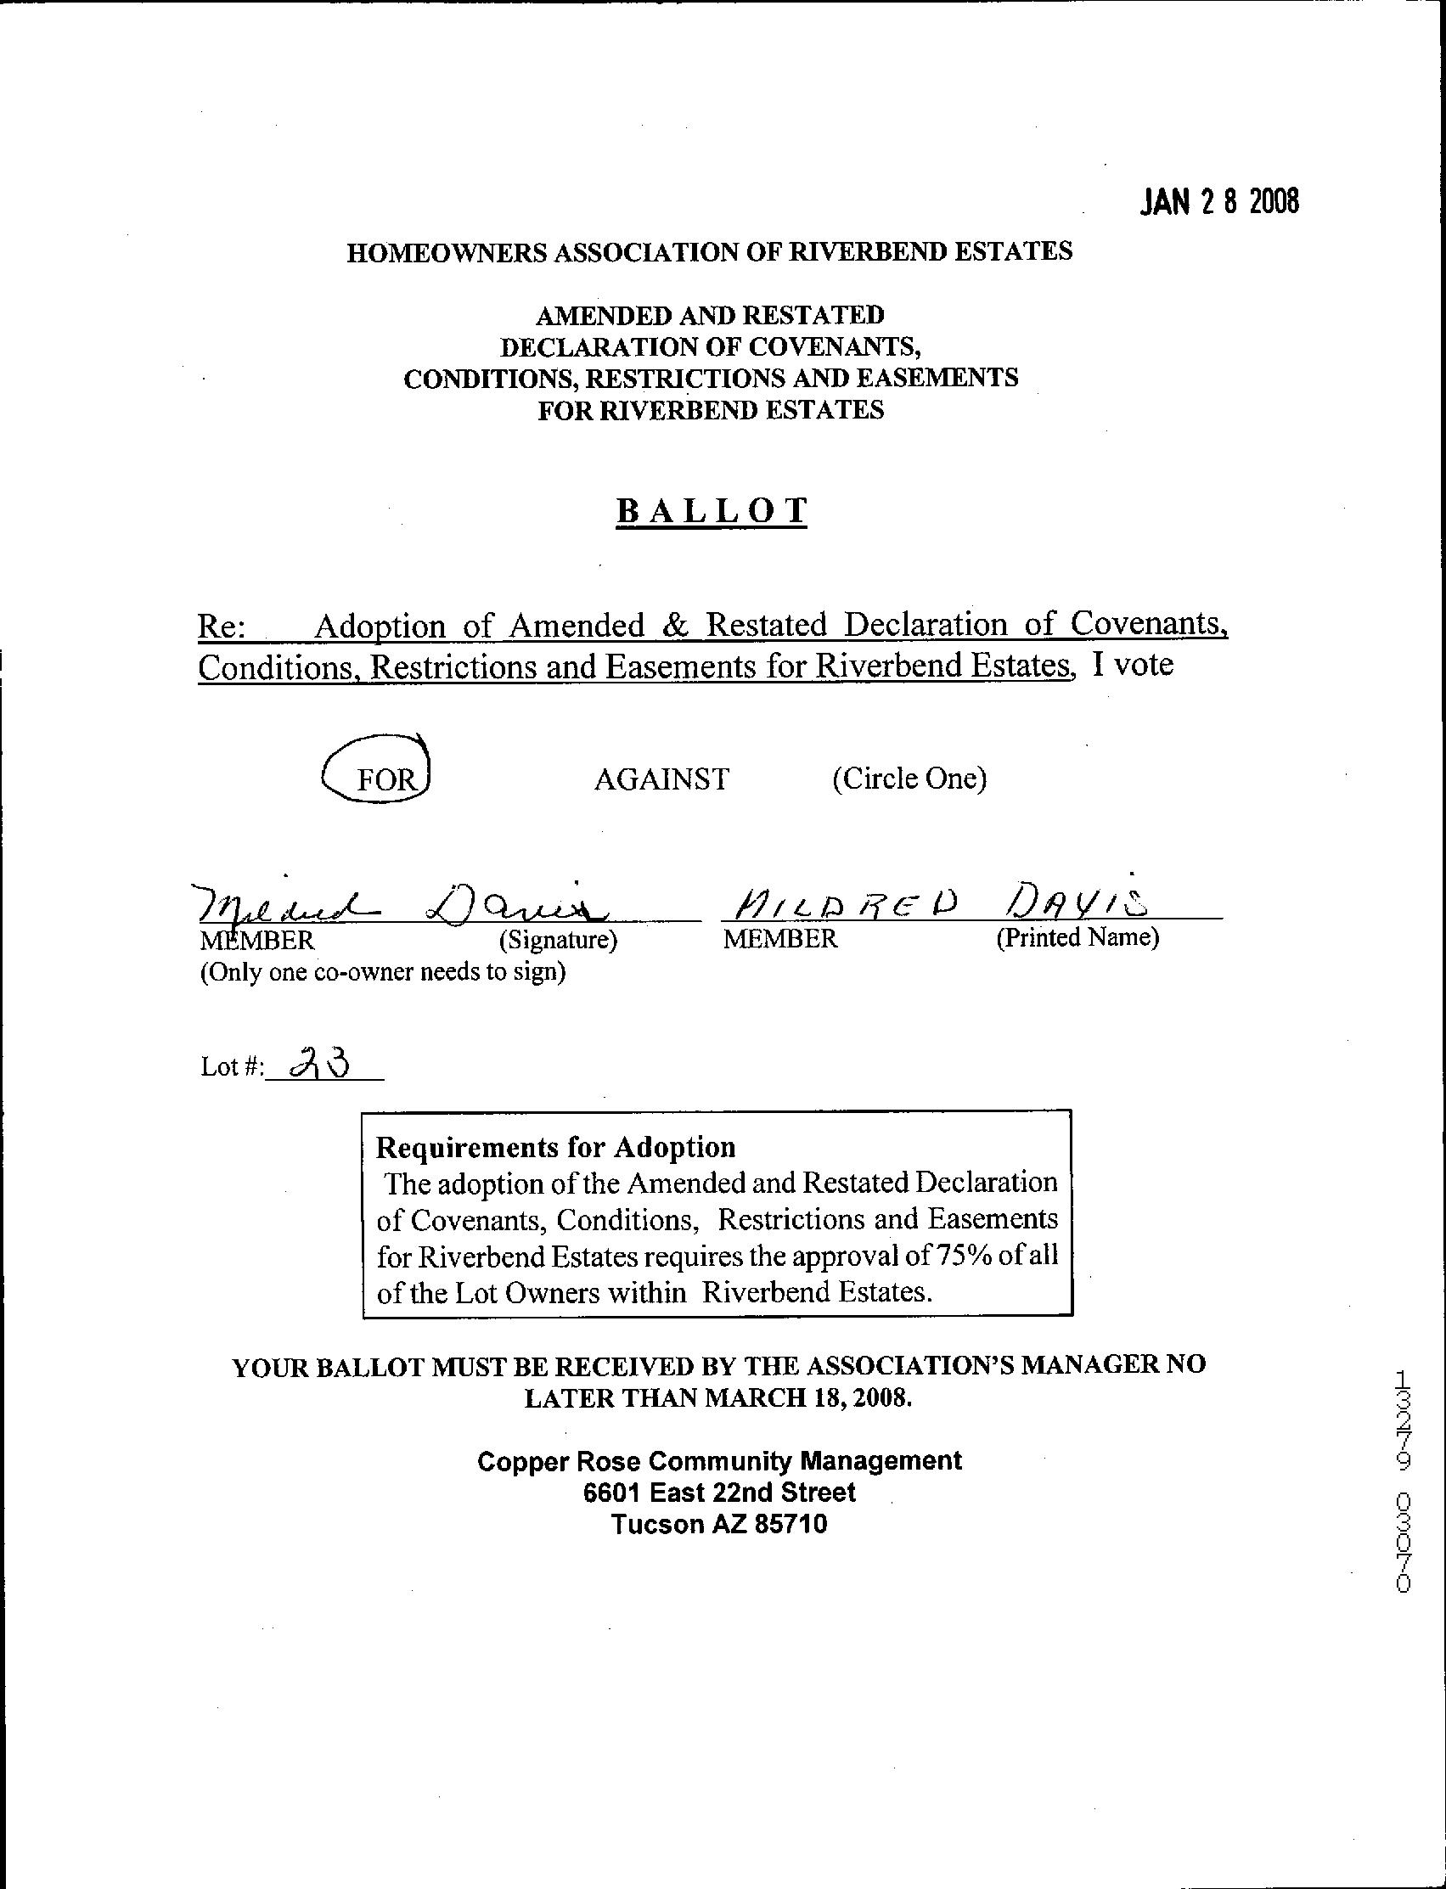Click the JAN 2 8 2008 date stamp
(x=1218, y=202)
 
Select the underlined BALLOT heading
(x=712, y=511)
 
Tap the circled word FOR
(x=386, y=779)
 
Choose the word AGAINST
(x=661, y=779)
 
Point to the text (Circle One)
(x=909, y=779)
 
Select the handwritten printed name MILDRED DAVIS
(x=938, y=903)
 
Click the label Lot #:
(x=232, y=1068)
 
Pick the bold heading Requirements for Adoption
(x=556, y=1147)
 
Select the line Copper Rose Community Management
(x=719, y=1461)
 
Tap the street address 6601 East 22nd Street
(x=719, y=1493)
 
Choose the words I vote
(x=1133, y=666)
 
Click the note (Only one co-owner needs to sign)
(x=383, y=973)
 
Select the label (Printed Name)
(x=1077, y=937)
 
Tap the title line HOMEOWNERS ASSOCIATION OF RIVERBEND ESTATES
(x=709, y=252)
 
